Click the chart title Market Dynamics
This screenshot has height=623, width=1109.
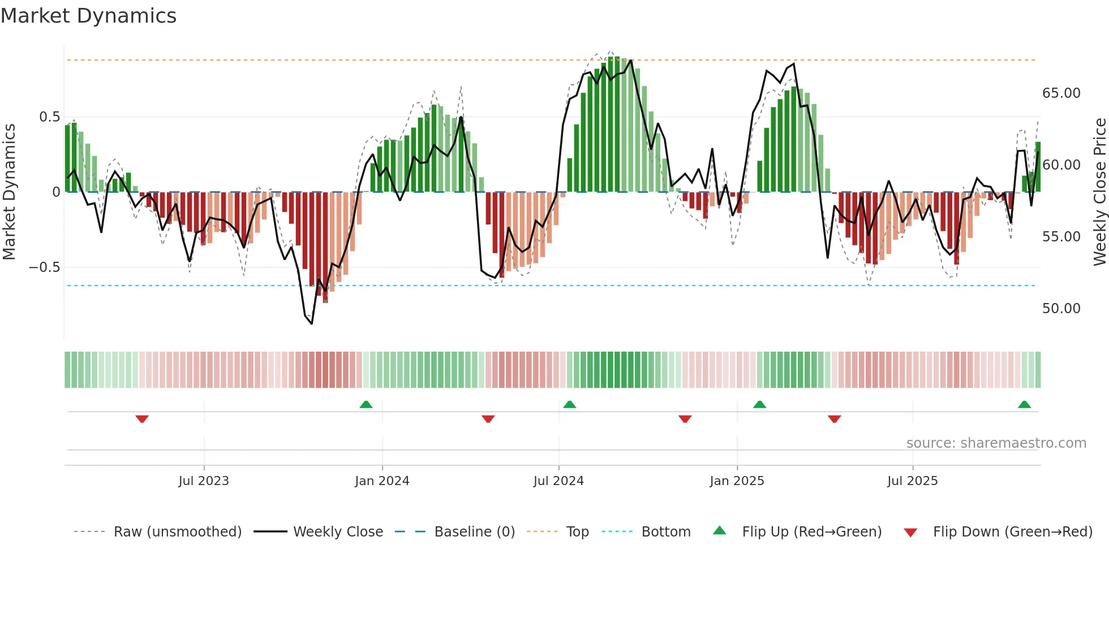tap(88, 16)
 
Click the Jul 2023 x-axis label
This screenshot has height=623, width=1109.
tap(204, 481)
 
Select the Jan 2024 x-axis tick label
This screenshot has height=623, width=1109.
tap(382, 481)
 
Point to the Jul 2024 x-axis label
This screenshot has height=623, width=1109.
tap(558, 481)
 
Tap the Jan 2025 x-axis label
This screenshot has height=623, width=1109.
tap(737, 481)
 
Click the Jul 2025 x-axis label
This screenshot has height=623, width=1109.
tap(912, 481)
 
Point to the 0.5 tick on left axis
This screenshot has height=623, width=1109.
tap(49, 117)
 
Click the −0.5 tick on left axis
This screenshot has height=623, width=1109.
tap(45, 267)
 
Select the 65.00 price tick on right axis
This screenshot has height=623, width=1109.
tap(1061, 93)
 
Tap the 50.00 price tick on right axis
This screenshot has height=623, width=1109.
tap(1061, 309)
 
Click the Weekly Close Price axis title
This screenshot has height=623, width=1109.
tap(1099, 192)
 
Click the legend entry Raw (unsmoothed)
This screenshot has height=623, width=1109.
tap(177, 532)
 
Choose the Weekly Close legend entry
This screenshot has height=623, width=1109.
tap(338, 532)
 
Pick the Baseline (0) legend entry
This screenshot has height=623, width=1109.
tap(474, 532)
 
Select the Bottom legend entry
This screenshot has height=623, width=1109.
tap(665, 532)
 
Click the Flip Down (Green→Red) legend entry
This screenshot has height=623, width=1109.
tap(1012, 532)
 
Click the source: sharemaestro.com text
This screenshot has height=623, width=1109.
tap(996, 443)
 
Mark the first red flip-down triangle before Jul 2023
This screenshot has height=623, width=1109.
tap(142, 419)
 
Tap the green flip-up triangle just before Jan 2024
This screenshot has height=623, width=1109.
tap(366, 404)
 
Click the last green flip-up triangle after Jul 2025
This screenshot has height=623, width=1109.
tap(1024, 404)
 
